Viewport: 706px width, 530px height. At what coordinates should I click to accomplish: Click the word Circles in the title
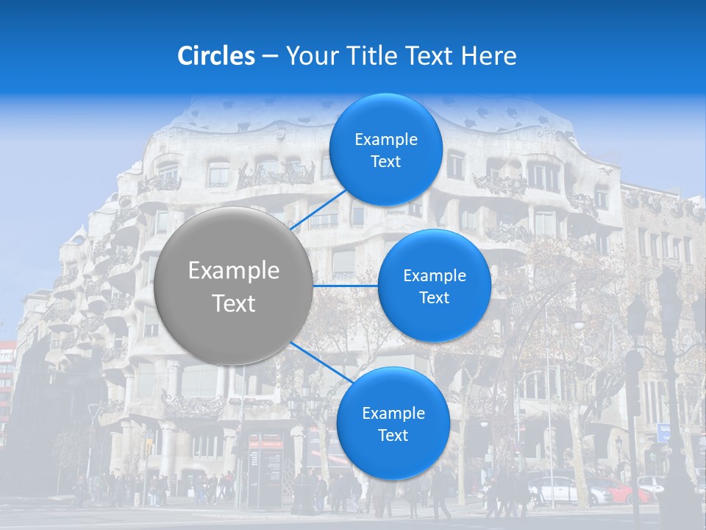[x=215, y=56]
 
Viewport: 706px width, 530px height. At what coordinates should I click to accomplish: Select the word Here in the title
[x=489, y=56]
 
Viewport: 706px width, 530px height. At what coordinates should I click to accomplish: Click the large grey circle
[x=234, y=286]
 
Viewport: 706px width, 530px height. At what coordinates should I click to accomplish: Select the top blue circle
[x=385, y=150]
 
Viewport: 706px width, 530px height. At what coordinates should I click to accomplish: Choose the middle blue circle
[x=434, y=286]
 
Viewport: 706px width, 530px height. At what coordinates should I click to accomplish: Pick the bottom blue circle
[x=393, y=423]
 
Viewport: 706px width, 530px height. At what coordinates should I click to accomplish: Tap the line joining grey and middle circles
[x=346, y=286]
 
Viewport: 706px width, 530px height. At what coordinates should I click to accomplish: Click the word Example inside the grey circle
[x=234, y=271]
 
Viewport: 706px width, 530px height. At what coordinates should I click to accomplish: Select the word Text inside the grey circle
[x=234, y=303]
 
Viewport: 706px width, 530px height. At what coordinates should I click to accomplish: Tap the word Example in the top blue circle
[x=386, y=140]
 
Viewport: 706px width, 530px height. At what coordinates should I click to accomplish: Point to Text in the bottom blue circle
[x=393, y=435]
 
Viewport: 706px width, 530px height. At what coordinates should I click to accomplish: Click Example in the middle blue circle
[x=435, y=276]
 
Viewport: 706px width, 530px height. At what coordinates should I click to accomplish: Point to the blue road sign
[x=664, y=432]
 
